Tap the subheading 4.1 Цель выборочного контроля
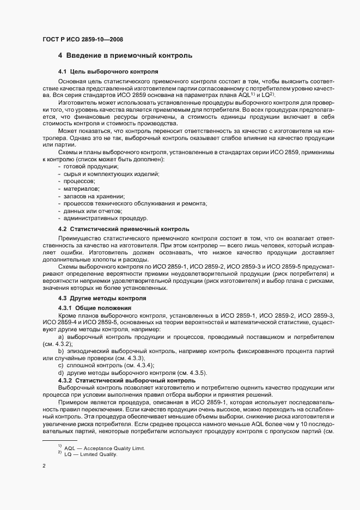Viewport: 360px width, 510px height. (108, 71)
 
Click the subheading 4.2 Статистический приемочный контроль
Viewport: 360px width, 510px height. (124, 229)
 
